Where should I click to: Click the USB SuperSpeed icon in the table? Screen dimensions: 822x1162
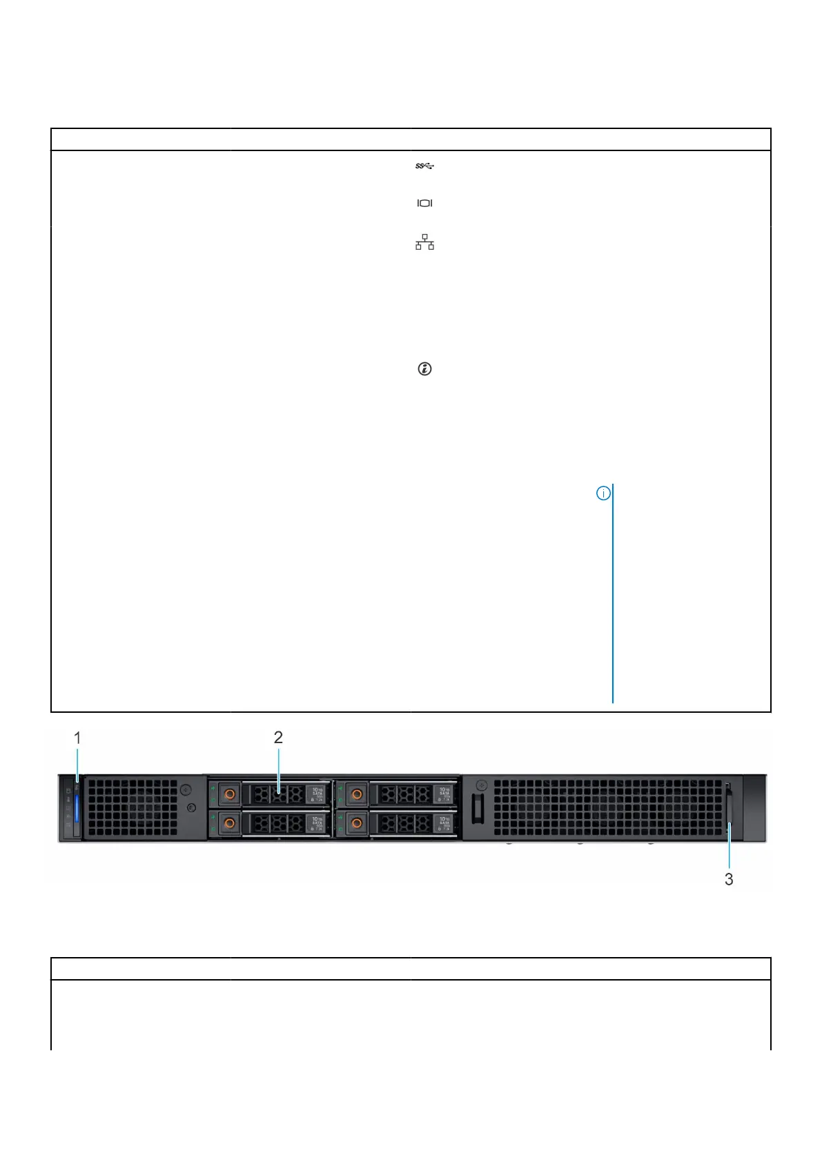point(424,166)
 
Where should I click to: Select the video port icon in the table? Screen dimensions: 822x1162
point(424,203)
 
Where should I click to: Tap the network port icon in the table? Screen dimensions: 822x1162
point(424,242)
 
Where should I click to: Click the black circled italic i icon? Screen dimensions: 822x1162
point(424,369)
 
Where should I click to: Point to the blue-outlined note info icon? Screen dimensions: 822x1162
point(603,493)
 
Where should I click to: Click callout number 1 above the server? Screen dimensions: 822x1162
point(77,738)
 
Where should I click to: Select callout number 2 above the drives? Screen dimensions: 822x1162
point(278,737)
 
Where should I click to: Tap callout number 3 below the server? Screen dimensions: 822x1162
point(729,879)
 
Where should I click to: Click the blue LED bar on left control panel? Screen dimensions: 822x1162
point(77,808)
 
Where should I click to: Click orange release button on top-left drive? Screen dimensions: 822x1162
point(229,794)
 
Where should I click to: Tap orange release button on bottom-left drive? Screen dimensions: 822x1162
point(229,823)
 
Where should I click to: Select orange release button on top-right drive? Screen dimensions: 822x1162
point(356,794)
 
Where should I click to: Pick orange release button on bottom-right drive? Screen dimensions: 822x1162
point(356,823)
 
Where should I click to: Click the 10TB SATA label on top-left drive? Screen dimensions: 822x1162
point(317,794)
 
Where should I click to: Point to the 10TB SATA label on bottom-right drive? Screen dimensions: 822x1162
point(444,823)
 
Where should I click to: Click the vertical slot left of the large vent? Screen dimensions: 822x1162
point(477,808)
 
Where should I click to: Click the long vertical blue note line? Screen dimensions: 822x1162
point(613,593)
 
